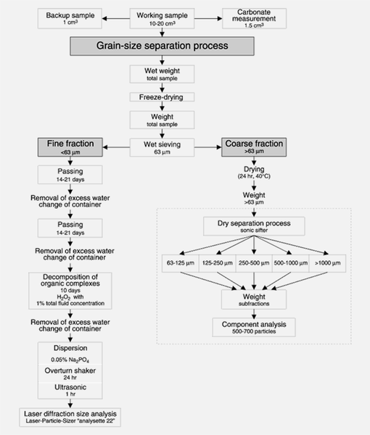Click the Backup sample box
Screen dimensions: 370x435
(70, 18)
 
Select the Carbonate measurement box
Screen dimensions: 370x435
(254, 18)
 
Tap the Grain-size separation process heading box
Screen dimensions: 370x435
(162, 46)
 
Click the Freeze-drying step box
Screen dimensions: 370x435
(162, 97)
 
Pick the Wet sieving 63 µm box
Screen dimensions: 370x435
(162, 148)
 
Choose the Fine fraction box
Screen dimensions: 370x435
(70, 147)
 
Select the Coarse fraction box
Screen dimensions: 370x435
(254, 147)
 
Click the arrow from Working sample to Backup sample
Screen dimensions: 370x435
(116, 19)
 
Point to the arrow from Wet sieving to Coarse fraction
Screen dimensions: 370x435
(208, 147)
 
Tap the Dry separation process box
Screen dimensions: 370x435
(254, 226)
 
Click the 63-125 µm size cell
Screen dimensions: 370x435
(181, 263)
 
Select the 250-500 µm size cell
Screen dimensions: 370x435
(254, 263)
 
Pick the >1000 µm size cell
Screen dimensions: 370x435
(327, 263)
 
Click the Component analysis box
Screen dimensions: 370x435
(254, 328)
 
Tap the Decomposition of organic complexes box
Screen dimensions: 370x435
(70, 291)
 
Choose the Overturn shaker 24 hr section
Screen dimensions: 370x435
(70, 373)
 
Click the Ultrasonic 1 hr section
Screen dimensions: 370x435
(70, 391)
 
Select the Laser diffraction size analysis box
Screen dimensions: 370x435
(70, 418)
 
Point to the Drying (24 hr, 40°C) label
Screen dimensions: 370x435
(254, 173)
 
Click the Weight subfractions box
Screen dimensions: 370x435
(254, 299)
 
